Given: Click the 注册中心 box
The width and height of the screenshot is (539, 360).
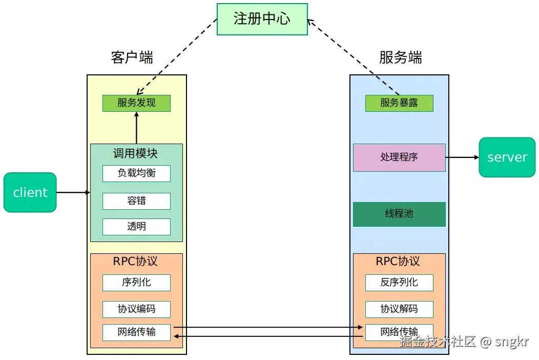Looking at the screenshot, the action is (262, 19).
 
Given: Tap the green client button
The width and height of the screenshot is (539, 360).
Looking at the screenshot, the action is (30, 192).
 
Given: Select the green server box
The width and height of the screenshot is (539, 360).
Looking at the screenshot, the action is (507, 157).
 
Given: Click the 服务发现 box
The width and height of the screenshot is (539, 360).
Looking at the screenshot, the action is (136, 103).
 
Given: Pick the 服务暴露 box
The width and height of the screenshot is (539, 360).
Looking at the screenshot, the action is (399, 103).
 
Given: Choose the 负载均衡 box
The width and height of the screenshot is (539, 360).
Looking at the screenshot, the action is (136, 173).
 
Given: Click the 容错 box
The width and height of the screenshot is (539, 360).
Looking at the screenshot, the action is (136, 201).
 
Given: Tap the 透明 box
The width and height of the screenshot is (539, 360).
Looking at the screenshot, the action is (136, 227).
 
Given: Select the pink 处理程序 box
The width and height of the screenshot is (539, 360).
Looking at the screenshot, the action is (399, 157).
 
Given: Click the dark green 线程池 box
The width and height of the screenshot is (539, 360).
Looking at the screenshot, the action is (399, 214).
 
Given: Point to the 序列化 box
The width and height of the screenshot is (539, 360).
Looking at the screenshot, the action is (136, 283).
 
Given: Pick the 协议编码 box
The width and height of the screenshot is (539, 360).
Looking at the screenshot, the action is (136, 309).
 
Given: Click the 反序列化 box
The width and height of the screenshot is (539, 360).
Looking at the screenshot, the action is (399, 283).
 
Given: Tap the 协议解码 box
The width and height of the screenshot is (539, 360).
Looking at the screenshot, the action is (399, 309).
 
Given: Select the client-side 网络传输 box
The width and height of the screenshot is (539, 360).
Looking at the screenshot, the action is (136, 332).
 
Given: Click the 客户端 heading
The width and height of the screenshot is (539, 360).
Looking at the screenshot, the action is (132, 57).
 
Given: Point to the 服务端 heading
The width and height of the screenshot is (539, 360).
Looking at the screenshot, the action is (401, 57).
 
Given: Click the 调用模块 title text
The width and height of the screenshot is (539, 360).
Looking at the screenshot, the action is (135, 153).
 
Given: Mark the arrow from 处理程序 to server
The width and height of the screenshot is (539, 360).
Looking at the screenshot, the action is (462, 157).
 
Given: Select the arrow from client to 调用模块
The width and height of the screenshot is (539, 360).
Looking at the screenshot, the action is (73, 192).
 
